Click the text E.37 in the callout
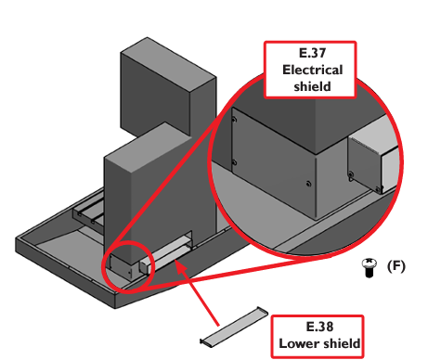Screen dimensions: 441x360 point(312,53)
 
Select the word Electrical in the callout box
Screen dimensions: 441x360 point(312,70)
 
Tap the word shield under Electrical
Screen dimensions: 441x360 point(312,86)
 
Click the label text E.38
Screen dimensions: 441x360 point(319,327)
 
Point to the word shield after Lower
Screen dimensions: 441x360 point(340,343)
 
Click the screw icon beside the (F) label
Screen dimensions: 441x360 point(370,267)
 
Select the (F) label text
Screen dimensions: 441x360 point(396,266)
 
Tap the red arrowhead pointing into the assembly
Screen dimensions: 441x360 point(181,268)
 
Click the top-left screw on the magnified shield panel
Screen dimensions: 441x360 point(234,120)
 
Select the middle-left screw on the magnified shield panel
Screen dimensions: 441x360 point(234,162)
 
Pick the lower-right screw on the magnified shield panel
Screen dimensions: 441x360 point(308,184)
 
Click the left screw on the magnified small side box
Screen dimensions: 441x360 point(351,174)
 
